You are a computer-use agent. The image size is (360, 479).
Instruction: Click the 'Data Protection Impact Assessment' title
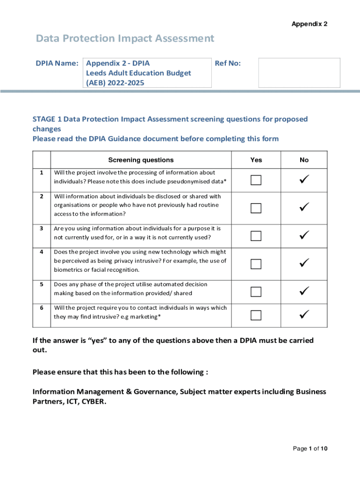125,38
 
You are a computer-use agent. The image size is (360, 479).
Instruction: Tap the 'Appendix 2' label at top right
310,24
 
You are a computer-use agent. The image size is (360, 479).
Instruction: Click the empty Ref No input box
299,73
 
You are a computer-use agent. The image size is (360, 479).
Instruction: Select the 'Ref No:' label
228,63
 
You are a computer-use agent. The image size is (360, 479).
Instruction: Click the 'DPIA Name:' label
57,63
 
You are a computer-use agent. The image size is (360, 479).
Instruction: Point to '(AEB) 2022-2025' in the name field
115,83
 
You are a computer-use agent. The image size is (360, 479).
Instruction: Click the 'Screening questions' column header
141,160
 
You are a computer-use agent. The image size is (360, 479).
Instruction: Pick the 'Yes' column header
256,160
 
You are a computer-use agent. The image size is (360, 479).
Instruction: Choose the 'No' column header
304,160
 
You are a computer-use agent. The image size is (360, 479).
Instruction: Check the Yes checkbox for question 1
256,180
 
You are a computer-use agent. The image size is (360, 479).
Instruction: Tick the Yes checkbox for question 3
256,236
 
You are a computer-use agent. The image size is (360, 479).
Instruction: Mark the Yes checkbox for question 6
256,315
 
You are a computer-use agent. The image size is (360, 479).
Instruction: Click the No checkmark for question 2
304,206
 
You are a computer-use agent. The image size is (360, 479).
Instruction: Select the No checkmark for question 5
304,291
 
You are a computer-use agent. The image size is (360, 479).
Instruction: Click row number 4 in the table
42,252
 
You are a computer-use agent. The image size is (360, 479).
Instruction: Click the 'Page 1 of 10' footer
310,449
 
